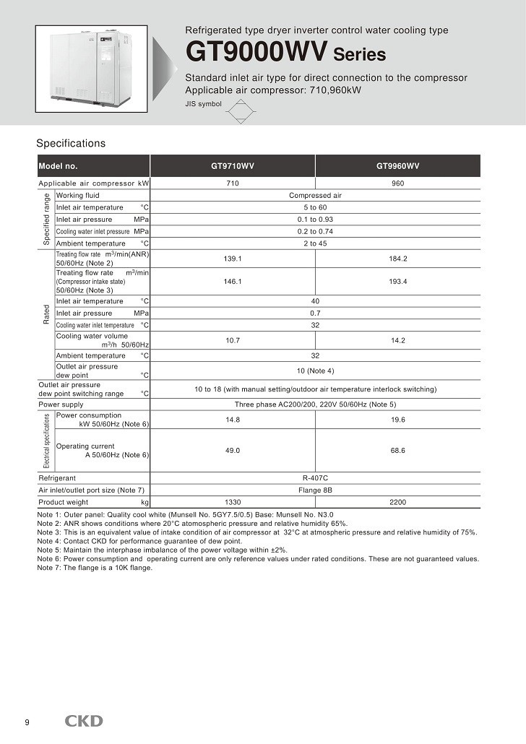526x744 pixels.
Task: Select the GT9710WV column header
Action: tap(233, 166)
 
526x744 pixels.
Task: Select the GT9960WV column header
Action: tap(397, 166)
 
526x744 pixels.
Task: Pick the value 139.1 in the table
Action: tap(233, 259)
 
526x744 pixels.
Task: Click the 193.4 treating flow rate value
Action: tap(397, 281)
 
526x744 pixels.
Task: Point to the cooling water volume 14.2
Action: tap(397, 340)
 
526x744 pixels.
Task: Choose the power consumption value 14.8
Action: tap(233, 420)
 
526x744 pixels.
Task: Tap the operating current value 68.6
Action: tap(397, 450)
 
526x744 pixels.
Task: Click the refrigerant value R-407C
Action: tap(315, 478)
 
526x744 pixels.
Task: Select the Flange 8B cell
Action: tap(315, 490)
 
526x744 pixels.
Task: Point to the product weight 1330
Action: tap(233, 502)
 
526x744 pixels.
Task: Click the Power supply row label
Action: tap(61, 405)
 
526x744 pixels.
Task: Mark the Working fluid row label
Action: tap(78, 195)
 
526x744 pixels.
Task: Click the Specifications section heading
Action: tap(71, 143)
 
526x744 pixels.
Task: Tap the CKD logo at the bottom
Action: tap(85, 721)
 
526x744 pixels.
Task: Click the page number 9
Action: tap(27, 722)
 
